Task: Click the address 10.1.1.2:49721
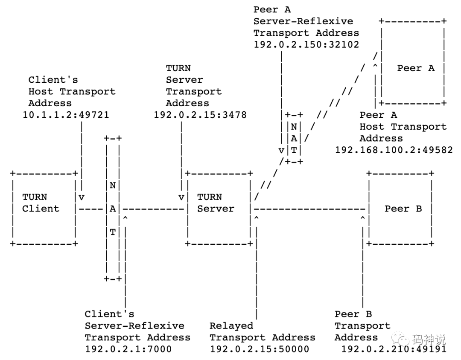click(66, 115)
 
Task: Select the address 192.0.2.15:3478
click(200, 115)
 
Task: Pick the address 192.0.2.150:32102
click(306, 44)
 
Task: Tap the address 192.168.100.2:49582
click(394, 150)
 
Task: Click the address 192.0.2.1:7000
click(128, 349)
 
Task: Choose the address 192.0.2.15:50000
click(259, 349)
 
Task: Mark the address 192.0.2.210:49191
click(394, 349)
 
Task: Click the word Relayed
click(231, 326)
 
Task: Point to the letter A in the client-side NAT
click(113, 209)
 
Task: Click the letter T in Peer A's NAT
click(294, 150)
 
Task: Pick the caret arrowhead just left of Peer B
click(362, 219)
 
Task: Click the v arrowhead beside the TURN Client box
click(81, 197)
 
